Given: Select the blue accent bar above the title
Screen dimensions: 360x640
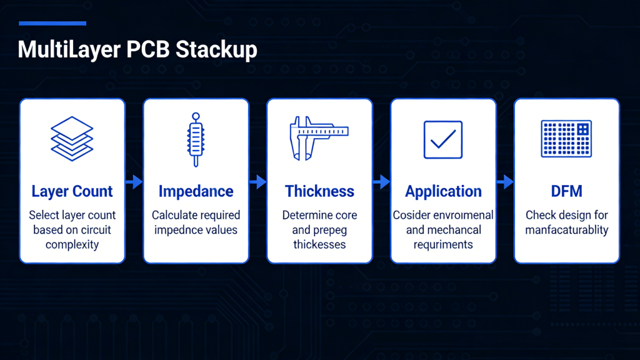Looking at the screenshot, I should pyautogui.click(x=52, y=24).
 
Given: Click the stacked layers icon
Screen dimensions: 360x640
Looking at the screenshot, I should pyautogui.click(x=72, y=138).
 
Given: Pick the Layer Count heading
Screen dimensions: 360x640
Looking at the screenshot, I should pyautogui.click(x=72, y=191).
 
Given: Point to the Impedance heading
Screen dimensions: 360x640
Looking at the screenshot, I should pyautogui.click(x=196, y=191).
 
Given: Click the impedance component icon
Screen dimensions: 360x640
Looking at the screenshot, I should pyautogui.click(x=196, y=139).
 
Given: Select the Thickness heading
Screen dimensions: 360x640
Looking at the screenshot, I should pyautogui.click(x=319, y=191).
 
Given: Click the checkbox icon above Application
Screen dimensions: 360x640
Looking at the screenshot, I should pyautogui.click(x=443, y=139).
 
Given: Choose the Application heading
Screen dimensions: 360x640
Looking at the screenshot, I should pyautogui.click(x=443, y=191).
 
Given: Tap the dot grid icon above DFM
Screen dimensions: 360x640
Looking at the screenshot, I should pyautogui.click(x=566, y=139).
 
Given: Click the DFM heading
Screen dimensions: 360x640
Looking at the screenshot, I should pyautogui.click(x=567, y=191).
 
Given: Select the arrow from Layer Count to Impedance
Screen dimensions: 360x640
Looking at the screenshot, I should pyautogui.click(x=134, y=182).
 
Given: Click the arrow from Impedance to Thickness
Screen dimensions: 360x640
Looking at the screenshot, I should pyautogui.click(x=257, y=182).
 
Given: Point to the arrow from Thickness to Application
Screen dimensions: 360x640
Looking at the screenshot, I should pyautogui.click(x=381, y=182).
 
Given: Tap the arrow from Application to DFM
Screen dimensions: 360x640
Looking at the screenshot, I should pyautogui.click(x=505, y=182).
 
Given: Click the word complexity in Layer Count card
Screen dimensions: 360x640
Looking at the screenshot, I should pyautogui.click(x=72, y=245).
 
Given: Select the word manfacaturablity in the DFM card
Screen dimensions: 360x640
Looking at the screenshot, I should pyautogui.click(x=567, y=230).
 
